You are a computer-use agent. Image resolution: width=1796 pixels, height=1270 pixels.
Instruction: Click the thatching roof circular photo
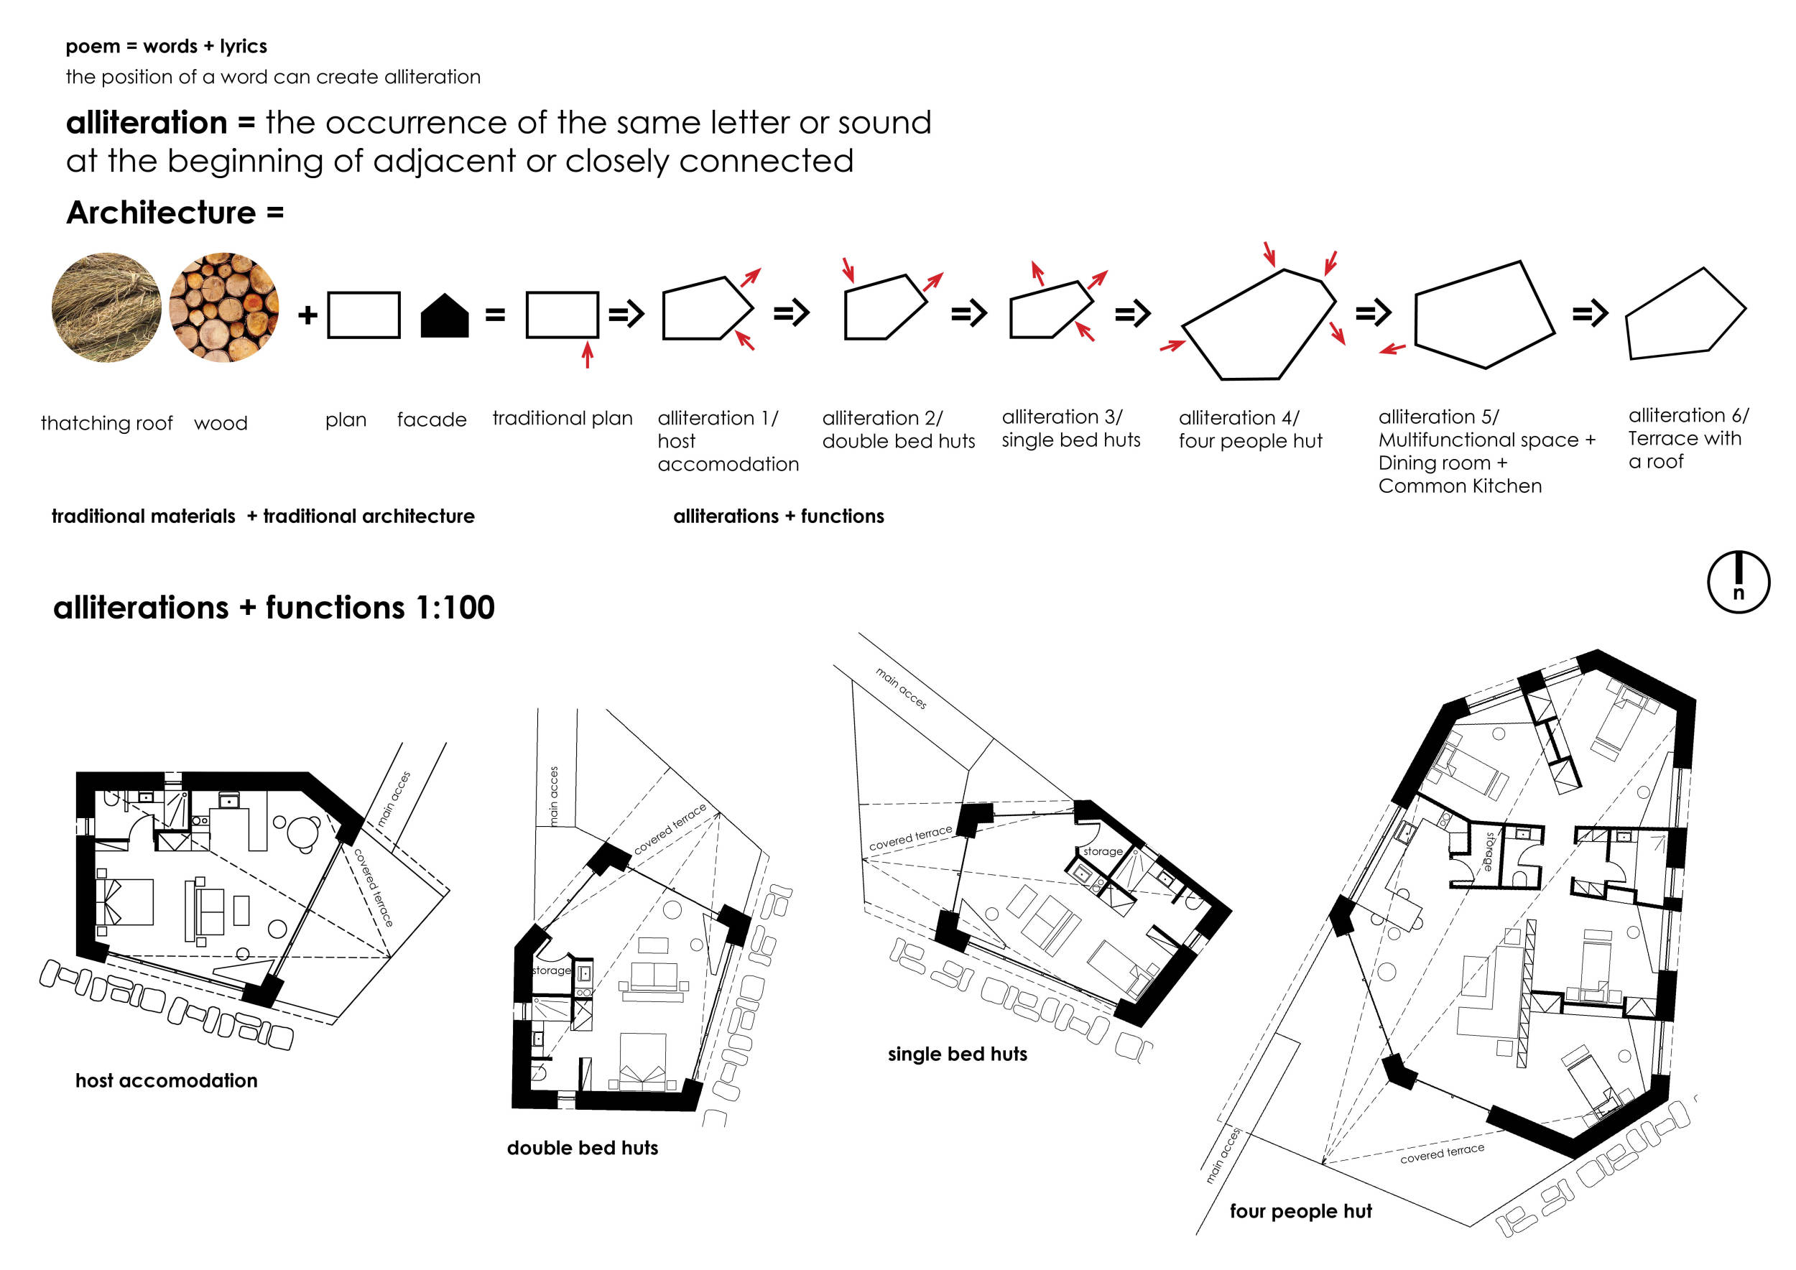pyautogui.click(x=106, y=307)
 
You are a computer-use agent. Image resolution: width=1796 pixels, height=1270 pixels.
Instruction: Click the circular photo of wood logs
pyautogui.click(x=223, y=307)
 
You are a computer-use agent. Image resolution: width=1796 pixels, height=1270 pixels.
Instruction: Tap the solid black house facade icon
pyautogui.click(x=444, y=315)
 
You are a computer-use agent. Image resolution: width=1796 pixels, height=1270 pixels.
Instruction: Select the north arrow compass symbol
pyautogui.click(x=1738, y=582)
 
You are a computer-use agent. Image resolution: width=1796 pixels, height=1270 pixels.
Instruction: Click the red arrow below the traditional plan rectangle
pyautogui.click(x=588, y=353)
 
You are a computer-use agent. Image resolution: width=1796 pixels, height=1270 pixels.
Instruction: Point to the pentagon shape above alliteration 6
pyautogui.click(x=1685, y=315)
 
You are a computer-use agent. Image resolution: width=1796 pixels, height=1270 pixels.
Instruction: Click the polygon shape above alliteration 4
pyautogui.click(x=1259, y=324)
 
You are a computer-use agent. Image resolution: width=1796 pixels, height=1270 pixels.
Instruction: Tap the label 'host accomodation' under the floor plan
pyautogui.click(x=167, y=1081)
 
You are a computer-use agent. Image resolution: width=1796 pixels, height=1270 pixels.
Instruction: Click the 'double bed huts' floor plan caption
pyautogui.click(x=583, y=1148)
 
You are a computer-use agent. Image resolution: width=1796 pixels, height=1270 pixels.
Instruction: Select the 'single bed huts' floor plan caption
pyautogui.click(x=958, y=1055)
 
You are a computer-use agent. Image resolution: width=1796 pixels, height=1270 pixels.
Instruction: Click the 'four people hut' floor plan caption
pyautogui.click(x=1301, y=1211)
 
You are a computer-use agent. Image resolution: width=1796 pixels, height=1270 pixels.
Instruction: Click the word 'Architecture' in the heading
pyautogui.click(x=161, y=213)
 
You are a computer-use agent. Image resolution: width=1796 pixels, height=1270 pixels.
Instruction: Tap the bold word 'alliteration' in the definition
pyautogui.click(x=147, y=123)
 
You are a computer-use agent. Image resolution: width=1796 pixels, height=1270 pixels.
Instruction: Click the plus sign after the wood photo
pyautogui.click(x=307, y=315)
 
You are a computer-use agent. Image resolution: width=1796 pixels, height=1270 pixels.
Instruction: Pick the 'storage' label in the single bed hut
pyautogui.click(x=1103, y=850)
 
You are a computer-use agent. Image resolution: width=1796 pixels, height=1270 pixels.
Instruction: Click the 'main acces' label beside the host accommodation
pyautogui.click(x=394, y=799)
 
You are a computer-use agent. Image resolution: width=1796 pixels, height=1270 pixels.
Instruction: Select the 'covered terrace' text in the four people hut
pyautogui.click(x=1442, y=1154)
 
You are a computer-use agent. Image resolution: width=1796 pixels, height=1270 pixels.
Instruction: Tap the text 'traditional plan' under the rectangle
pyautogui.click(x=563, y=418)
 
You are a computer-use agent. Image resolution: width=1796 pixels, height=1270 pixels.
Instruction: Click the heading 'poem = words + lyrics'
pyautogui.click(x=167, y=46)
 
